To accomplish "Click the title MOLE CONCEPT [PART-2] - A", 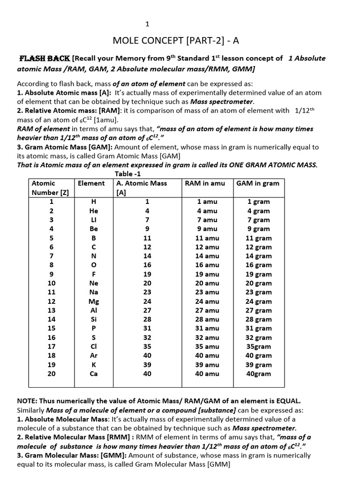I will pos(176,40).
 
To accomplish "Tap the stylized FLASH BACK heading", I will pos(45,58).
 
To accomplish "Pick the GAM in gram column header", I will pos(258,183).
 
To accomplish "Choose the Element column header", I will pos(91,183).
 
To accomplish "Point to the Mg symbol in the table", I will pos(94,301).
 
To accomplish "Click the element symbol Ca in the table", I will pos(94,374).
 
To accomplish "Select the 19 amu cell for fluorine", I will pos(207,274).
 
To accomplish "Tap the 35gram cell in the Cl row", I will pos(259,346).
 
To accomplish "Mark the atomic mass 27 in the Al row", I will pos(147,310).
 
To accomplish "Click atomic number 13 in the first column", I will pos(52,310).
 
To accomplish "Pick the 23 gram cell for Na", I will pos(259,292).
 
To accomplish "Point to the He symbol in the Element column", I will pos(94,211).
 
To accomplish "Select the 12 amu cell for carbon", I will pos(207,247).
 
